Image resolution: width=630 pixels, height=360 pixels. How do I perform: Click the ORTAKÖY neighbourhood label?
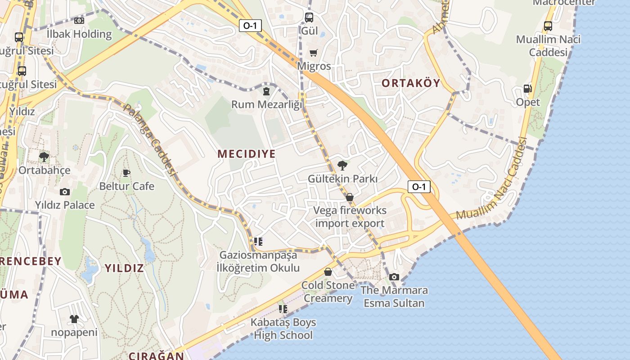[410, 83]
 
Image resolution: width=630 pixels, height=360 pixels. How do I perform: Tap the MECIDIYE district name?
[246, 154]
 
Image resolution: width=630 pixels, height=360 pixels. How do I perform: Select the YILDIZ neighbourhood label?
[124, 269]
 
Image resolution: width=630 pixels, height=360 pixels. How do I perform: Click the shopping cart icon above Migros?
[314, 53]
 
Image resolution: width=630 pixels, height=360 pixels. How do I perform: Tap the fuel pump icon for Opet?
[528, 89]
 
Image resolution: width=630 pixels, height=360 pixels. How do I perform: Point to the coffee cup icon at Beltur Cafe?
[126, 173]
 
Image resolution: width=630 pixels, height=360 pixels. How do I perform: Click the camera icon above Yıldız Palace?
[65, 192]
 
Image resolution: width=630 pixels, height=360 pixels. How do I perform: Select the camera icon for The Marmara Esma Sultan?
[394, 277]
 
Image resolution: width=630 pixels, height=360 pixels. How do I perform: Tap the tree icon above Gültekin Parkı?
[342, 165]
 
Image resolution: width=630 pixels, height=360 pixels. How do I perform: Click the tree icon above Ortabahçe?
[44, 157]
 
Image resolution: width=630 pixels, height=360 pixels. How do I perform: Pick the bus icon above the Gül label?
[309, 18]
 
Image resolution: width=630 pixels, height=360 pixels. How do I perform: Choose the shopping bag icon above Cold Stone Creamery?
[328, 272]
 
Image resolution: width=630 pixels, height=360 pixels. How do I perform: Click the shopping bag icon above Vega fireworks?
[350, 197]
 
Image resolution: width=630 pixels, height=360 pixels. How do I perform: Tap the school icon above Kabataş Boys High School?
[283, 309]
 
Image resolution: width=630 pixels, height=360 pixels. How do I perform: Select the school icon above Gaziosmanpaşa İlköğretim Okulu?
[258, 242]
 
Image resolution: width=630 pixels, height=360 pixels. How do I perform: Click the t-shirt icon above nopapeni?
[74, 319]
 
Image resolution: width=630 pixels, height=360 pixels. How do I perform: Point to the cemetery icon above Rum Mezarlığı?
[266, 91]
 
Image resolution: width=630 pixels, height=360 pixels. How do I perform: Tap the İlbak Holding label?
[79, 34]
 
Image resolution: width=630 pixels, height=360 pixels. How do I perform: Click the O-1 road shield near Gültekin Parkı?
[419, 187]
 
